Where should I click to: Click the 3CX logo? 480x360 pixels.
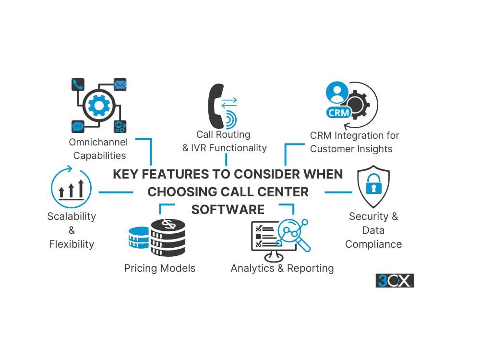tap(395, 280)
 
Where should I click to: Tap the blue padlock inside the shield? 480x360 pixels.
tap(374, 184)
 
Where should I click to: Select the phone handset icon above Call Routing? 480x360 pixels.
tap(216, 106)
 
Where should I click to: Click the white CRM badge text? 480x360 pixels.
tap(338, 113)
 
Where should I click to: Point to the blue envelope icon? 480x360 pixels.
tap(120, 84)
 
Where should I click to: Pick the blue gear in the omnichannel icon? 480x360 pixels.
tap(99, 106)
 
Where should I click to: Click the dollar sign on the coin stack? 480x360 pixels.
tap(168, 224)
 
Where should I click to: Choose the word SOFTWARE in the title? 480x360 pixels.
tap(228, 210)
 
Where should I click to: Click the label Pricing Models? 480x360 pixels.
tap(160, 268)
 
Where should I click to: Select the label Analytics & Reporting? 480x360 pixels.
tap(282, 268)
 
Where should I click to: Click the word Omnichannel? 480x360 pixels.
tap(98, 142)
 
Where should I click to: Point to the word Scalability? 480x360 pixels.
tap(72, 216)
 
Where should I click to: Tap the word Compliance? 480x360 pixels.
tap(373, 244)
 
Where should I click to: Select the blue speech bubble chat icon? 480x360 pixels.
tap(78, 126)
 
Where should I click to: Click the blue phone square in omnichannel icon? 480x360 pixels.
tap(78, 84)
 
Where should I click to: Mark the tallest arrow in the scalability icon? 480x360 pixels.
tap(81, 188)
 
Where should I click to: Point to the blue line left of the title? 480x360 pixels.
tap(116, 192)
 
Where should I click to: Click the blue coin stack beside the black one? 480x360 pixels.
tap(139, 238)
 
